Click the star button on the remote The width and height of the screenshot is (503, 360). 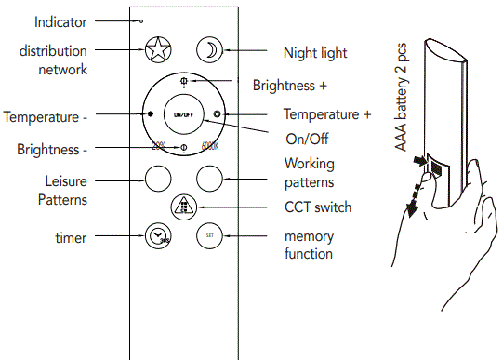(x=156, y=50)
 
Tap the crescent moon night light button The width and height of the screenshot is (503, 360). (x=210, y=50)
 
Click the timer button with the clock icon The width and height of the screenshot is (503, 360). (x=156, y=237)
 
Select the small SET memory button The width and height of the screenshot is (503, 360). (x=210, y=237)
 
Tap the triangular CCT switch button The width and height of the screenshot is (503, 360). (x=183, y=207)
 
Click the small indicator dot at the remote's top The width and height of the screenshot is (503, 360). (x=141, y=20)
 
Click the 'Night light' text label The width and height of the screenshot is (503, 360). (x=316, y=53)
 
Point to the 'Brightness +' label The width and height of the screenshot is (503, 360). (x=289, y=85)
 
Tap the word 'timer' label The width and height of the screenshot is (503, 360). (x=71, y=238)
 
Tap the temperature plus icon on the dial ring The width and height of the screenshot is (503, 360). (x=216, y=115)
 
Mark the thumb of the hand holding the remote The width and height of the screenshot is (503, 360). (x=422, y=171)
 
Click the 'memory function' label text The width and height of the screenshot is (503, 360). (x=309, y=246)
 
